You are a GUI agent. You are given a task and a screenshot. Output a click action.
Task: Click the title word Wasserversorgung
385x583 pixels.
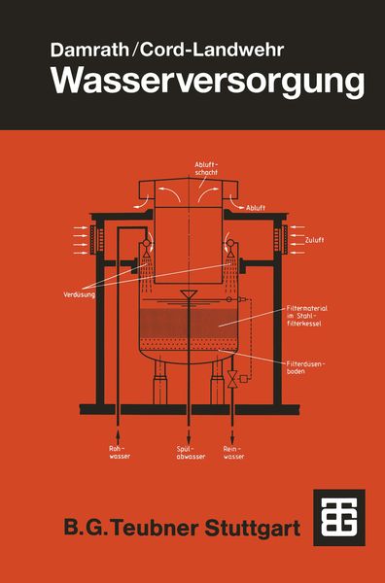[207, 83]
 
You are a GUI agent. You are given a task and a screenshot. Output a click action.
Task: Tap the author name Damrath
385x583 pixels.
[89, 50]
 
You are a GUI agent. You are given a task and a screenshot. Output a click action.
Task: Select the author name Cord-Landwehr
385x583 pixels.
[212, 50]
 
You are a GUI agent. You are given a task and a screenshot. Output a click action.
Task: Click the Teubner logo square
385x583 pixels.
[339, 518]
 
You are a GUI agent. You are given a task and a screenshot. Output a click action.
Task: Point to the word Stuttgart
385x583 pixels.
[253, 529]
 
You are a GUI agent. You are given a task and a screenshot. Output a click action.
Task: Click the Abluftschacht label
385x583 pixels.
[206, 168]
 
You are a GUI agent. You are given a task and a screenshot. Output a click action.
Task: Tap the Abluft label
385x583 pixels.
[256, 208]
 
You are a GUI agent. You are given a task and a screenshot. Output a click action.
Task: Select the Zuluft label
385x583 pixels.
[314, 240]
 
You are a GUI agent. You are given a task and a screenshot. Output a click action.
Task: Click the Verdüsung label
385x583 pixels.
[79, 295]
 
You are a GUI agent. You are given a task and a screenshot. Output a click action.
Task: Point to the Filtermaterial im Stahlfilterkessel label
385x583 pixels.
[307, 316]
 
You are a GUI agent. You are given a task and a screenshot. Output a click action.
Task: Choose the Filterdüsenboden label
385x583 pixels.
[306, 367]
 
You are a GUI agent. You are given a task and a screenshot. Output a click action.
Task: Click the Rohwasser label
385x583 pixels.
[120, 452]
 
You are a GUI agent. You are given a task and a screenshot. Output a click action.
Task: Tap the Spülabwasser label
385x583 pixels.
[191, 452]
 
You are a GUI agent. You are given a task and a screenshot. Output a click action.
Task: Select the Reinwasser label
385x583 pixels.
[233, 452]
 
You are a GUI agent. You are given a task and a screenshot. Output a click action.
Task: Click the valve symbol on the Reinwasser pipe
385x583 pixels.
[232, 379]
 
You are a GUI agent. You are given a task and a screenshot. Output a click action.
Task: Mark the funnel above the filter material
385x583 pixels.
[189, 294]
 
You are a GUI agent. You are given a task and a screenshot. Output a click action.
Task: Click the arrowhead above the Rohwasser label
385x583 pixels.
[119, 433]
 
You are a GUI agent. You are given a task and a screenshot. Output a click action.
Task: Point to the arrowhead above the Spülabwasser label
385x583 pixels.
[189, 434]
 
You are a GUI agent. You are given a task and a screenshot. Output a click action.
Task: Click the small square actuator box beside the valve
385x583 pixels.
[244, 379]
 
